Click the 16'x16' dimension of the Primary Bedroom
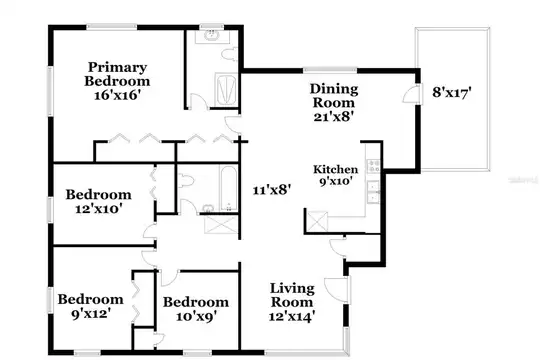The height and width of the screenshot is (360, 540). (117, 95)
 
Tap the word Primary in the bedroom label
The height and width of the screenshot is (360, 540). (117, 68)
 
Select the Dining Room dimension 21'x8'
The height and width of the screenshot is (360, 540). (334, 117)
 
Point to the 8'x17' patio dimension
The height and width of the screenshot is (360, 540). (451, 92)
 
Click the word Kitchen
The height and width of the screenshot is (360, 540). (335, 169)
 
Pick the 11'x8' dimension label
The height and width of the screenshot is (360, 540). (272, 190)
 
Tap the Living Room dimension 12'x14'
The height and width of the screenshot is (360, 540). (292, 316)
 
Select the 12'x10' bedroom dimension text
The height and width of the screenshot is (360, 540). (99, 208)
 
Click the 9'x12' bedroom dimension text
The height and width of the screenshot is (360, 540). (91, 313)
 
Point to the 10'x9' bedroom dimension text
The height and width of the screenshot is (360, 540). (196, 316)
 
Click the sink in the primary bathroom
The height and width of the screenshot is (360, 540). (212, 35)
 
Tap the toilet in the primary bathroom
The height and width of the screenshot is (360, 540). (229, 54)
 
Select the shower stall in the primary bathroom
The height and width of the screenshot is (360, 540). (226, 89)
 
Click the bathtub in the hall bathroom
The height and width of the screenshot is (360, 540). (228, 188)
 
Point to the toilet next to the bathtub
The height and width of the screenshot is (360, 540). (186, 181)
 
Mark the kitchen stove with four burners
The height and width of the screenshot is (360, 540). (374, 166)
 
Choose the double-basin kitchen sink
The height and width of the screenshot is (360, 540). (373, 192)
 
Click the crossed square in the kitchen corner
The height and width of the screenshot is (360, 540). (317, 221)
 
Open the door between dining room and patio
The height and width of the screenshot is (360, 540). (413, 94)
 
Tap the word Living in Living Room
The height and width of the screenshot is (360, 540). (292, 289)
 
